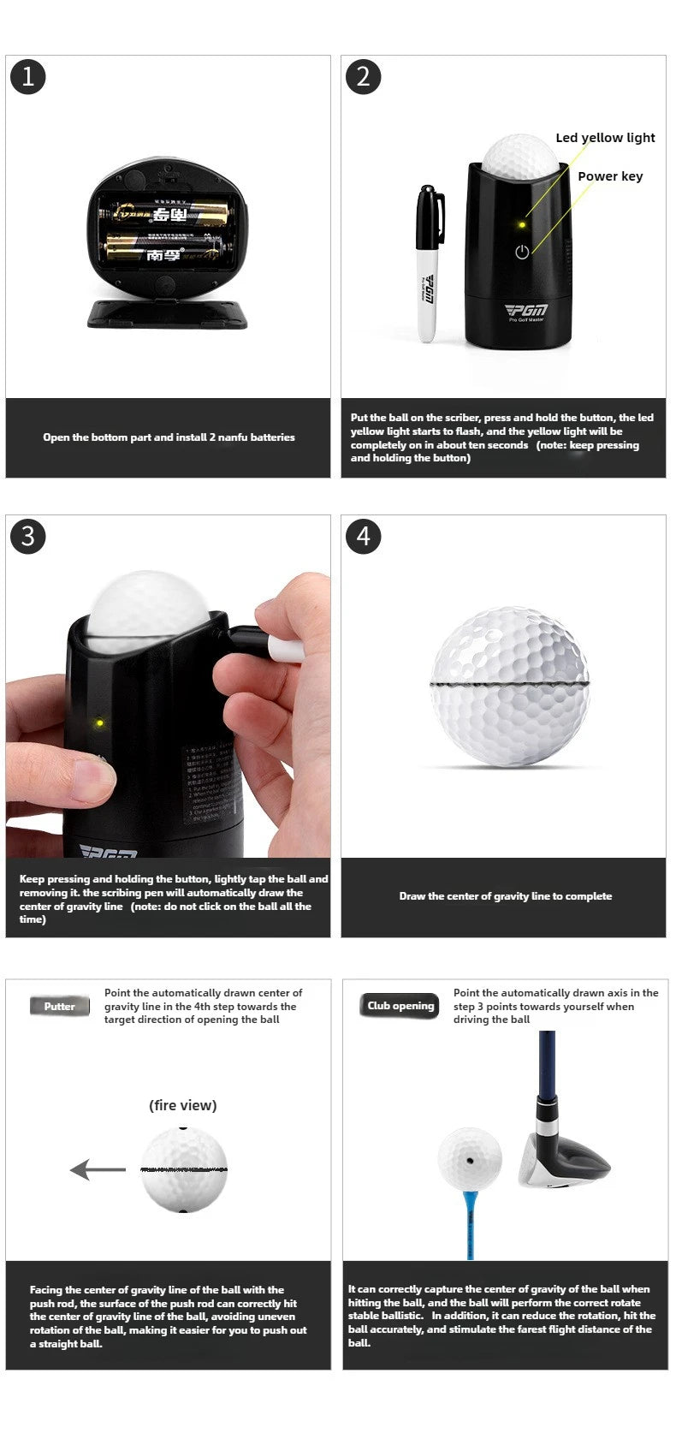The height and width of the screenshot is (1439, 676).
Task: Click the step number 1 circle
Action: [x=27, y=77]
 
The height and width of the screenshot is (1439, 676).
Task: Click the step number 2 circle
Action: [x=363, y=77]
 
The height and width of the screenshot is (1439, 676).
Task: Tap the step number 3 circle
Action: [x=27, y=536]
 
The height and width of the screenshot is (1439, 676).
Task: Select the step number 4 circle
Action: [x=363, y=536]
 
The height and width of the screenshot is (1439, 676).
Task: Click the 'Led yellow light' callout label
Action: [x=604, y=138]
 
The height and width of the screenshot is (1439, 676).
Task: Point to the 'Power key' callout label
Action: [x=609, y=176]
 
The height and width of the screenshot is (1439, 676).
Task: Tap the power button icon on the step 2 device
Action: [x=522, y=252]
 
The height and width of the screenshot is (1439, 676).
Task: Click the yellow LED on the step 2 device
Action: [x=521, y=225]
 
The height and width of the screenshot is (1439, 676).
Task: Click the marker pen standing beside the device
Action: [x=429, y=261]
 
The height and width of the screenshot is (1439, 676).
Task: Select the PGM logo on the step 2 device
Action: [x=525, y=310]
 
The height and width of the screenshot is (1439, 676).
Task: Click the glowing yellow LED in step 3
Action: [x=99, y=723]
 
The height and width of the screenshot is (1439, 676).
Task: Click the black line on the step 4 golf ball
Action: [x=510, y=686]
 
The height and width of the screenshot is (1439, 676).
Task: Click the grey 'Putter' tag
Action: [x=59, y=1007]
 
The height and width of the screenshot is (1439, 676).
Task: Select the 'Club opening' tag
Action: [x=400, y=1006]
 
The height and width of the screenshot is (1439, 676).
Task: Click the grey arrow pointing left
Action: [x=97, y=1169]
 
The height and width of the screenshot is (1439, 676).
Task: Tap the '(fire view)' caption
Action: [x=182, y=1105]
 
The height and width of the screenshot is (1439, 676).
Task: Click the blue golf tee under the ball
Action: [x=469, y=1221]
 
